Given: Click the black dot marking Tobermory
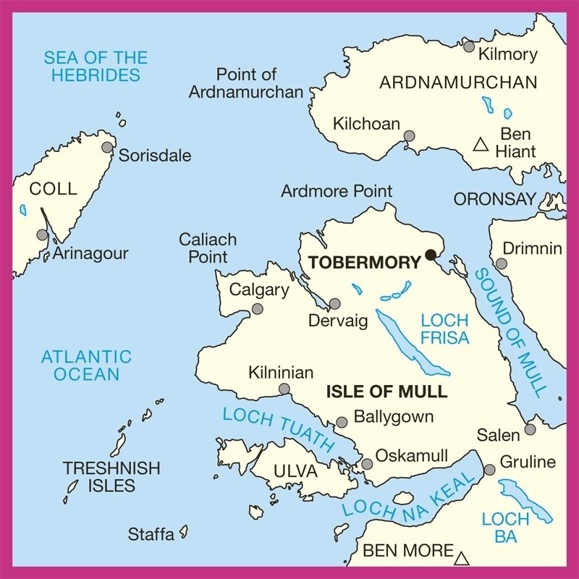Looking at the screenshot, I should pos(431,254).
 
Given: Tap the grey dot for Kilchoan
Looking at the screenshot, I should pos(410,136).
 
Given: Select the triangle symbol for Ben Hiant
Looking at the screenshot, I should pos(479,145).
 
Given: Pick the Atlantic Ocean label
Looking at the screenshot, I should pos(86,365).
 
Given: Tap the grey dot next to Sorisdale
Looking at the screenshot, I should pos(108,148).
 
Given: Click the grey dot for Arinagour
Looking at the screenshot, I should pos(43,235).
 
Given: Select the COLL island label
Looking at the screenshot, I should pos(53,190).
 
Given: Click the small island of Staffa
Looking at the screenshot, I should pos(184,532).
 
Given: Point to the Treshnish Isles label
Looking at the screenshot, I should pos(111,477).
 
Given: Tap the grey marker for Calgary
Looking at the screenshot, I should pos(257,309).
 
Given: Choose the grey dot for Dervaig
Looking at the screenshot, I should pos(334,304).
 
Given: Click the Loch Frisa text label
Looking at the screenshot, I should pos(444,329).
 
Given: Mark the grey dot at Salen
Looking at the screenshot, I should pos(530,429).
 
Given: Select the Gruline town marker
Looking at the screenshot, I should pos(489,470).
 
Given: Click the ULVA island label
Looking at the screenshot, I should pos(295,472).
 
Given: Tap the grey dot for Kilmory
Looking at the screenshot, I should pos(469,47).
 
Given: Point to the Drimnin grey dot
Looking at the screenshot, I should pos(501,263).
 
